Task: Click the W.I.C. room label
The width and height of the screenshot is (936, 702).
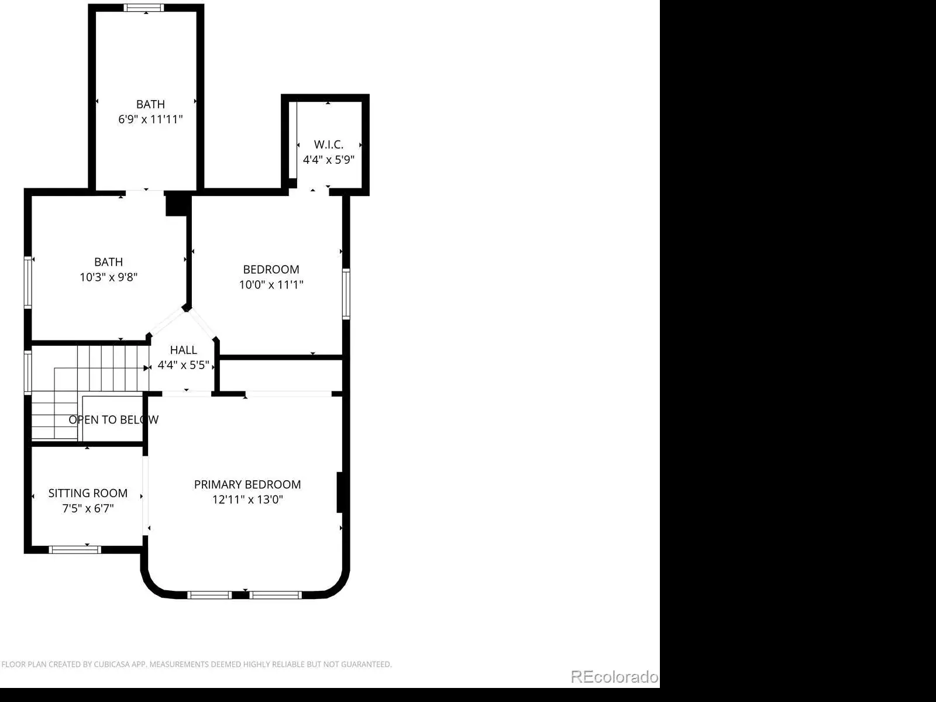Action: click(328, 144)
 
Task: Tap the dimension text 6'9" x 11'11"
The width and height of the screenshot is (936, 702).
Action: click(150, 119)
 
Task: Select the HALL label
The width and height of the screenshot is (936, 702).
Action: click(183, 350)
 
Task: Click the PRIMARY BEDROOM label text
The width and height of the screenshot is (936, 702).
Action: click(247, 484)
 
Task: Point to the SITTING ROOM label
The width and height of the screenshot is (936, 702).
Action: click(88, 493)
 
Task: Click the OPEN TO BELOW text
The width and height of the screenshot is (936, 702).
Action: click(113, 420)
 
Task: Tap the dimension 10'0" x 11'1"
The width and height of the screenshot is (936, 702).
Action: click(271, 284)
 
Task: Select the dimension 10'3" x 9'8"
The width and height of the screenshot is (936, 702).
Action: click(108, 277)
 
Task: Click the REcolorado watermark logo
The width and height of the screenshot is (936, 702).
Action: click(614, 676)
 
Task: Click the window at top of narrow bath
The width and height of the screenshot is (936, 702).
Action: click(144, 8)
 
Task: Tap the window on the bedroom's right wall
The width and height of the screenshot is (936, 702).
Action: click(346, 294)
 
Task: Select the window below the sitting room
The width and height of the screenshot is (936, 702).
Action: click(75, 550)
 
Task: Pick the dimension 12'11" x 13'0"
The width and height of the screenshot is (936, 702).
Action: click(247, 499)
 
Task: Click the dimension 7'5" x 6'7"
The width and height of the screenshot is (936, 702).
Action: click(88, 508)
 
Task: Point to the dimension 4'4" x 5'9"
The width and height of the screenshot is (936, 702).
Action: click(328, 159)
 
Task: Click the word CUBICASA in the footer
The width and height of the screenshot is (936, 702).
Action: click(111, 664)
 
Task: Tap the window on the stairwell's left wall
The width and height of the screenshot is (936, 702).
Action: click(27, 373)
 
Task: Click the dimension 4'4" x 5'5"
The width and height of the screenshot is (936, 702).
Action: click(183, 365)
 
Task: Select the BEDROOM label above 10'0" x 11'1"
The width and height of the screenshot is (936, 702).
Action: click(271, 269)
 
